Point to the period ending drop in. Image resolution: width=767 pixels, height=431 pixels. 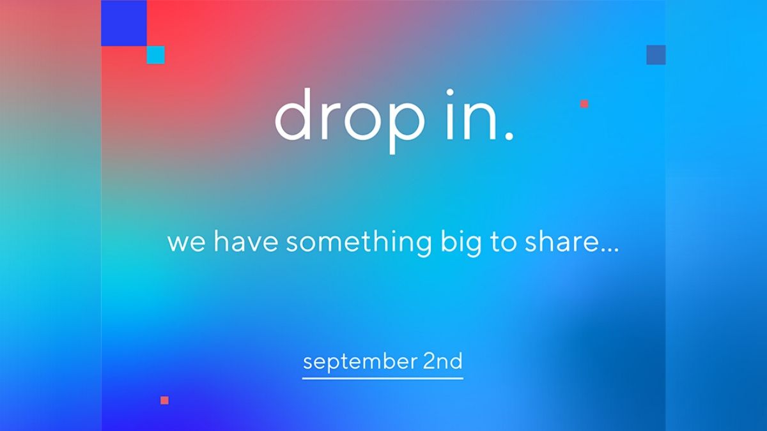click(x=508, y=136)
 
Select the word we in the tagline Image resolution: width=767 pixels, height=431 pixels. click(x=186, y=243)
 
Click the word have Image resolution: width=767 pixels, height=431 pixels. click(x=247, y=242)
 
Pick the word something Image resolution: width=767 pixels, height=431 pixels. click(x=359, y=243)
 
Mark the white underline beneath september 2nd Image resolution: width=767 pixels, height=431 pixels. click(x=382, y=378)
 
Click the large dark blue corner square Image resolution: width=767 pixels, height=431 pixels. click(x=124, y=23)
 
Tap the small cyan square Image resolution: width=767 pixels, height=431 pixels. click(x=155, y=55)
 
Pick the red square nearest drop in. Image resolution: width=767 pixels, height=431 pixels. click(x=584, y=103)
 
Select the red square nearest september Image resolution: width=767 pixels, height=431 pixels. click(x=164, y=400)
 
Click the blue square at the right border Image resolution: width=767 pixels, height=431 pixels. click(x=656, y=55)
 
